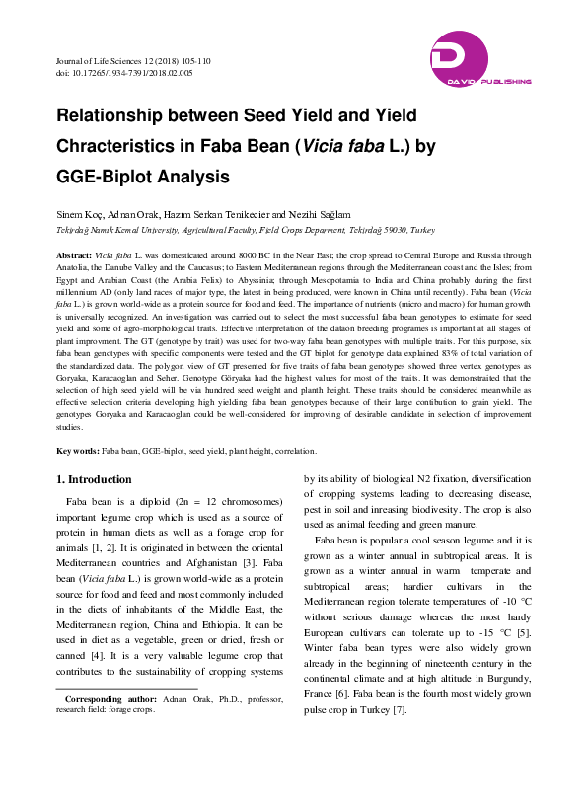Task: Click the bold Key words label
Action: [78, 451]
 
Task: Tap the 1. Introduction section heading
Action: [93, 479]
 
